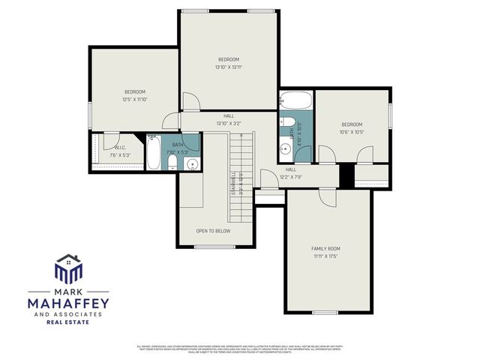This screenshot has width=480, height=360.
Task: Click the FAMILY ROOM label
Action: click(325, 248)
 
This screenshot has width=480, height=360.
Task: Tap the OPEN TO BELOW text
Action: click(213, 231)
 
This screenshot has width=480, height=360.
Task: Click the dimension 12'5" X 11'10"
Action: click(135, 99)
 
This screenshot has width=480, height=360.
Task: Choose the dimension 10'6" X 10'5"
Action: click(352, 132)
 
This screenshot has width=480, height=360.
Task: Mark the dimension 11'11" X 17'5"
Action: click(325, 256)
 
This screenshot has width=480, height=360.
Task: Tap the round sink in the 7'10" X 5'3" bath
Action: click(192, 164)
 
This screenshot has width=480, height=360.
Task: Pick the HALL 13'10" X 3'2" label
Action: click(228, 119)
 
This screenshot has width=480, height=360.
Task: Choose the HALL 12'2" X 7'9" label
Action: click(291, 173)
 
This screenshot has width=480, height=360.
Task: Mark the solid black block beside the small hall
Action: click(346, 175)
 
